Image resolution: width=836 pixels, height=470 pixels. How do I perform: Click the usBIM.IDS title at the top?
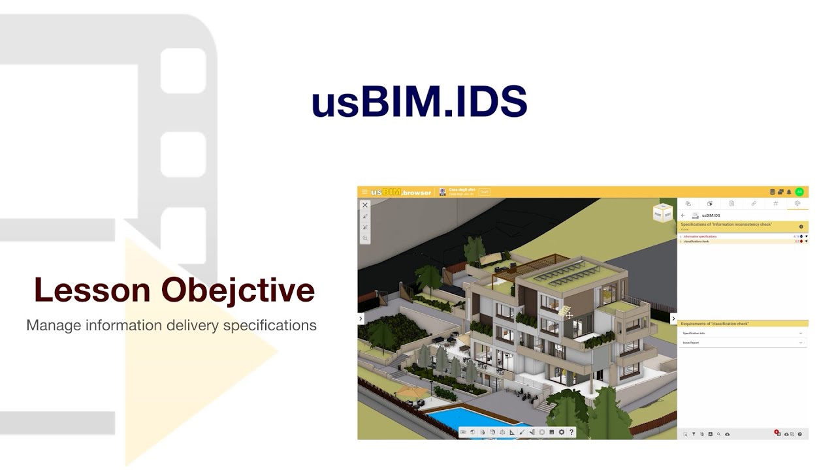(419, 102)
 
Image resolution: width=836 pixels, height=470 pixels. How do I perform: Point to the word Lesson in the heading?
(92, 290)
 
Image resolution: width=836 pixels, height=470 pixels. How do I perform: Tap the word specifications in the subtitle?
(270, 325)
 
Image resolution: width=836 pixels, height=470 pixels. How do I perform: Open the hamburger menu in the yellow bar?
(364, 192)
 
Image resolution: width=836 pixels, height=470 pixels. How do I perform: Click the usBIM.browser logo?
(401, 192)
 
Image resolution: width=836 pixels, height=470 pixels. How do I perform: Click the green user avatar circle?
(799, 192)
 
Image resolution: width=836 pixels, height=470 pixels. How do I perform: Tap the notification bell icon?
(789, 192)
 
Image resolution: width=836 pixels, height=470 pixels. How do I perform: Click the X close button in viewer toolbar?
(365, 205)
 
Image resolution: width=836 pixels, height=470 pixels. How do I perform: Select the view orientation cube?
(662, 213)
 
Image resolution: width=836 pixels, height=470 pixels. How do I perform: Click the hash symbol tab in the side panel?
(775, 204)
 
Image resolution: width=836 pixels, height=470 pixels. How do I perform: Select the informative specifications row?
(700, 236)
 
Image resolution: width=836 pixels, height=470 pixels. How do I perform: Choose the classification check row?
(696, 242)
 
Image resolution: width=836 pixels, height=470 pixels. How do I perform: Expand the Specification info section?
(743, 334)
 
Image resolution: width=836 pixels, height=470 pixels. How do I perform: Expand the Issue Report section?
(743, 343)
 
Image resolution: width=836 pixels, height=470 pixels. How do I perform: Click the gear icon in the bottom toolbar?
(561, 432)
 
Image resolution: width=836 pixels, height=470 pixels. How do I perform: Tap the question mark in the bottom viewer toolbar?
(571, 432)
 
